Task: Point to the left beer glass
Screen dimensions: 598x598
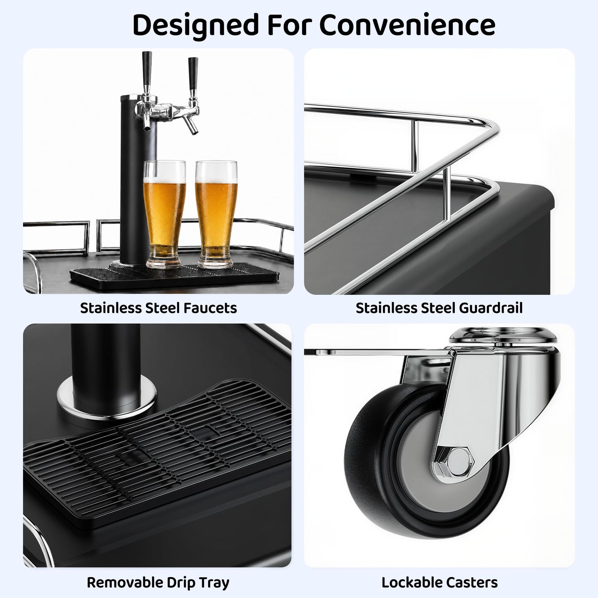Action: tap(165, 214)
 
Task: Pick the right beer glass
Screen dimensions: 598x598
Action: tap(216, 214)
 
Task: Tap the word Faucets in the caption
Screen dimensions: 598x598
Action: tap(210, 308)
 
